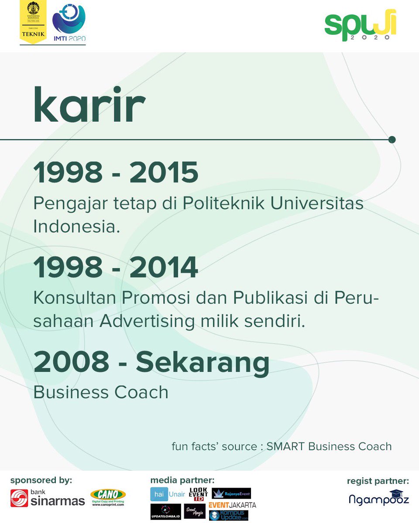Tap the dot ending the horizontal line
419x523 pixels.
point(392,139)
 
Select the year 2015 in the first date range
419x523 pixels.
point(164,173)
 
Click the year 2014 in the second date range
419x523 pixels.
point(164,268)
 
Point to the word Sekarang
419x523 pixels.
point(203,363)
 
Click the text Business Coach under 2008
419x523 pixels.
point(101,392)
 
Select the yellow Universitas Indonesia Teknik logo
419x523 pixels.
point(33,22)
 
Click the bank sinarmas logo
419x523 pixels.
point(48,498)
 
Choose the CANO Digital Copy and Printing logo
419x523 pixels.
point(108,497)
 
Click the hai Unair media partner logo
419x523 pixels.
point(168,494)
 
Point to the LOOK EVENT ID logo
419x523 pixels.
point(199,494)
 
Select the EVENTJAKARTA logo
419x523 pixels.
point(232,505)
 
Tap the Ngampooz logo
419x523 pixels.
point(379,498)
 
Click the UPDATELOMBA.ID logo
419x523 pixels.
point(165,511)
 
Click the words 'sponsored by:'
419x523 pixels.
point(41,481)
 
